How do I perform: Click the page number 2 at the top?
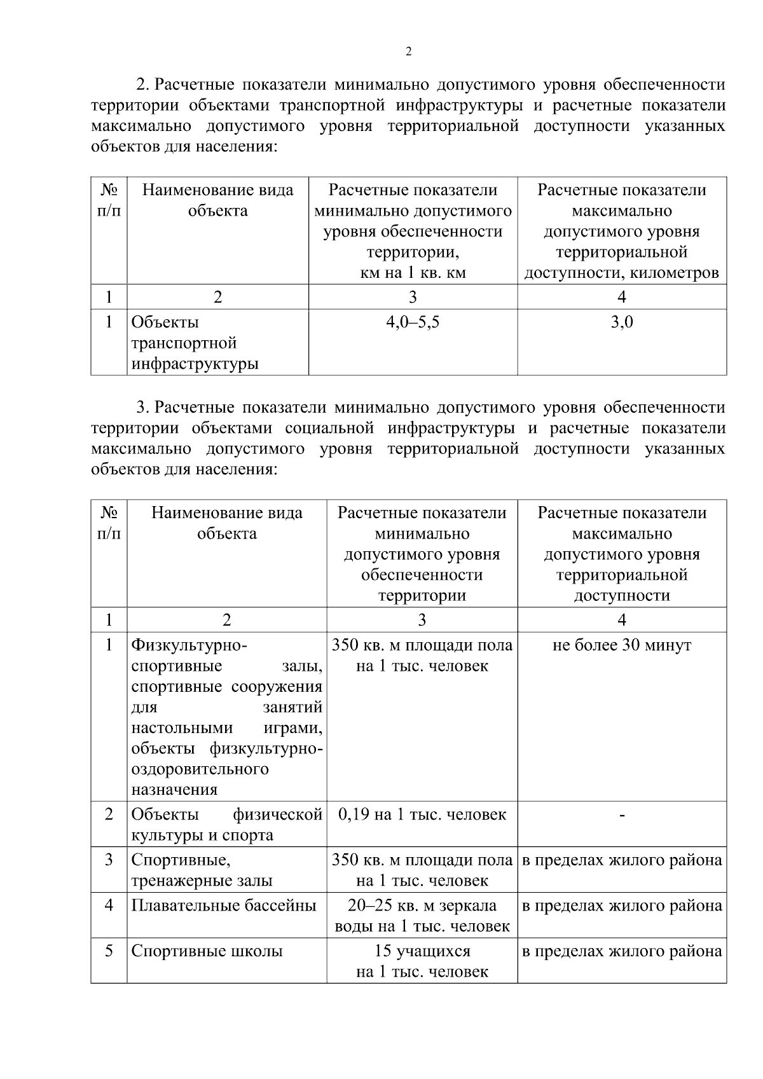pos(408,52)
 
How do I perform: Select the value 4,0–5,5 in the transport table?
pos(413,322)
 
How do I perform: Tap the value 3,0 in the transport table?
pos(622,322)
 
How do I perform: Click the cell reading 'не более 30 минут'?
pos(622,645)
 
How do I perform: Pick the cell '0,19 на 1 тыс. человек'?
pos(422,814)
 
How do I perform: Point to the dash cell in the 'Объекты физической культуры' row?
pos(622,815)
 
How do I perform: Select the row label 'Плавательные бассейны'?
pos(224,905)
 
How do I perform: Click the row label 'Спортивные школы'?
pos(207,951)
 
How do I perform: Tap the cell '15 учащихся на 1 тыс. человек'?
pos(422,961)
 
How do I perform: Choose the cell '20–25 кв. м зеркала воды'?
pos(422,916)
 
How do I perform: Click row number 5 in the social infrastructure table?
pos(109,951)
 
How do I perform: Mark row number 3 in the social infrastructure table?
pos(109,860)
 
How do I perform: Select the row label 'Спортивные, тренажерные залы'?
pos(202,870)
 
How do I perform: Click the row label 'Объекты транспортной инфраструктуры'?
pos(195,343)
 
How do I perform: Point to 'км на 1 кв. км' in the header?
pos(413,273)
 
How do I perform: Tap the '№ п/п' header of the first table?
pos(109,200)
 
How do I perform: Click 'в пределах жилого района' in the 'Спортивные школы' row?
pos(622,951)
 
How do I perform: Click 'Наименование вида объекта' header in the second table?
pos(226,523)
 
